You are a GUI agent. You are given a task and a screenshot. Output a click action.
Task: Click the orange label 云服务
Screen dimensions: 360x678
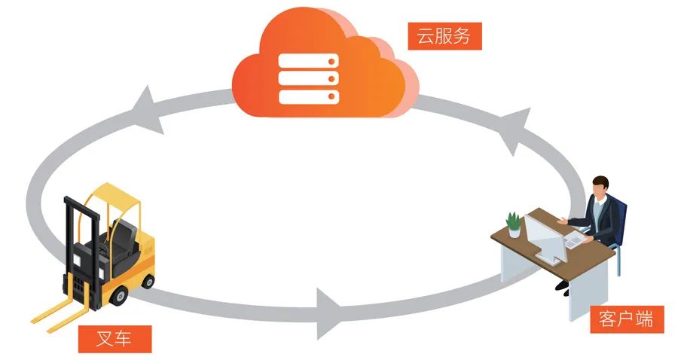click(444, 35)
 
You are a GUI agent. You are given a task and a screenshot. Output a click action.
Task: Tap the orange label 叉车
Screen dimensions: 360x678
click(115, 338)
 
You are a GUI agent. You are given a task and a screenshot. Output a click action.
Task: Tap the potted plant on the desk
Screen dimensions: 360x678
click(514, 224)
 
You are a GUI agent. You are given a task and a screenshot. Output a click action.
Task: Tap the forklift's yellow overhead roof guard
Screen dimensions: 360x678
click(113, 196)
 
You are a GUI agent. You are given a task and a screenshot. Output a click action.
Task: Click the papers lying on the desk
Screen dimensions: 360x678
click(574, 240)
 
